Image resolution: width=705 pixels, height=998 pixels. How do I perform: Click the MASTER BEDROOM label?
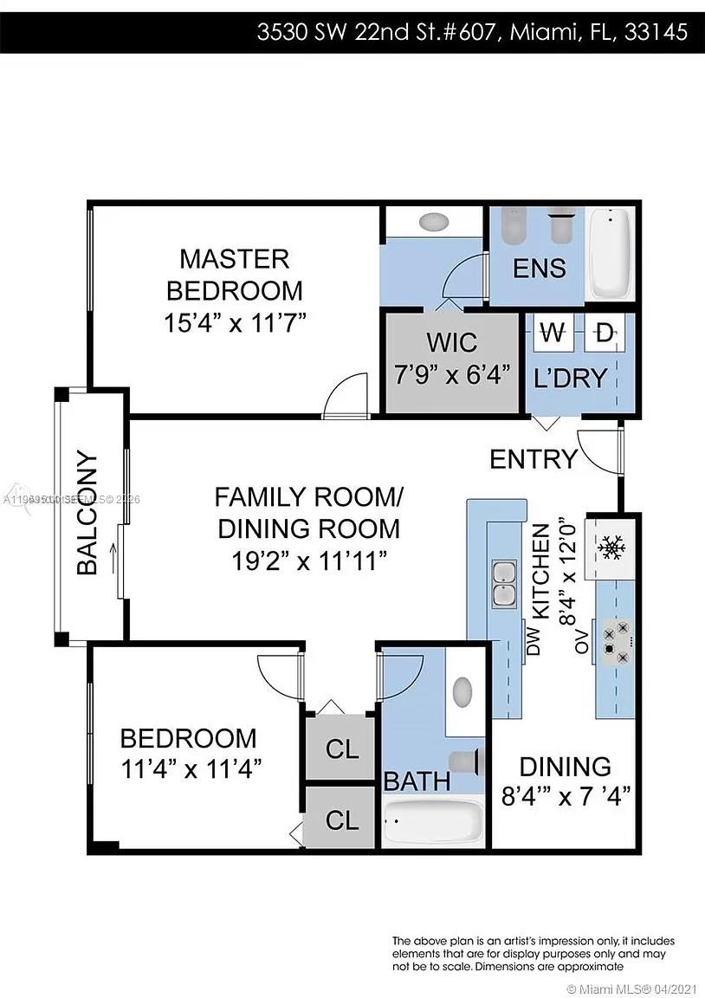click(234, 275)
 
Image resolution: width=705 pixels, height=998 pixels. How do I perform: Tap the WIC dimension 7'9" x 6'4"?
click(451, 376)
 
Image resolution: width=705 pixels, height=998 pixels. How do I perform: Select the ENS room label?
click(540, 268)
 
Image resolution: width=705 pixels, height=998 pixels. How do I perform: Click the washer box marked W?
click(551, 331)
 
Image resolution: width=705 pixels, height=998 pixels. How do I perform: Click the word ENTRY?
click(534, 459)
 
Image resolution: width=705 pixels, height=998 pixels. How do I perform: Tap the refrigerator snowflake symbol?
click(613, 547)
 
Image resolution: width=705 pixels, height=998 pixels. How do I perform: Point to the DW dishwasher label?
click(534, 640)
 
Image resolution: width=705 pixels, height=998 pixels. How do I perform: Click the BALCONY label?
click(87, 513)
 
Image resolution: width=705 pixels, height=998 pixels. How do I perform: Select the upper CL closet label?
click(341, 749)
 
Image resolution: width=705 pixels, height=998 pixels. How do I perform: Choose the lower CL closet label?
click(341, 819)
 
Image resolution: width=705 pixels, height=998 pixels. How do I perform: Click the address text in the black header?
click(472, 33)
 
